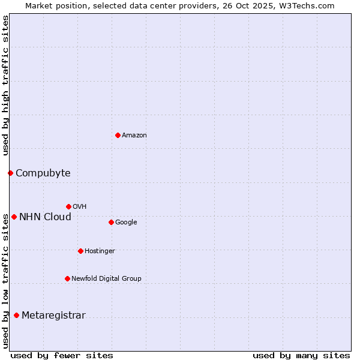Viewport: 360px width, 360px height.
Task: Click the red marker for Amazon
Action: click(118, 135)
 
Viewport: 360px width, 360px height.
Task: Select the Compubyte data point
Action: click(10, 173)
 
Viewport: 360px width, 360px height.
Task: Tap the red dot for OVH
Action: click(68, 206)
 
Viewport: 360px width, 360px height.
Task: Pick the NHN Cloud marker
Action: click(14, 217)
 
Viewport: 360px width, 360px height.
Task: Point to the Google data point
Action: click(111, 222)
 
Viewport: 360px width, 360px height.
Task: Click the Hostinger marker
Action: click(80, 251)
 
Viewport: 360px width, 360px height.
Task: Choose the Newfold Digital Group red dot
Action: click(67, 278)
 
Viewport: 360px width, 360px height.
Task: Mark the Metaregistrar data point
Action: click(16, 315)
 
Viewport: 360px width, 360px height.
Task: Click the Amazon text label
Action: click(134, 136)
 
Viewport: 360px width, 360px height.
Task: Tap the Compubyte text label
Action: click(43, 173)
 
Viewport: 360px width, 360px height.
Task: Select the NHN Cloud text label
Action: click(45, 217)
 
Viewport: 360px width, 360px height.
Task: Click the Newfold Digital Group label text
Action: click(106, 278)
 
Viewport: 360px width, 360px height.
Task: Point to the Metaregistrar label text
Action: click(53, 316)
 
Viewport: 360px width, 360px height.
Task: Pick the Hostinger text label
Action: click(100, 251)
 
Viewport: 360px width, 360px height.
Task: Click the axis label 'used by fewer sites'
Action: click(62, 355)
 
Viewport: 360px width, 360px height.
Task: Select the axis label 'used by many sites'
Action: click(301, 355)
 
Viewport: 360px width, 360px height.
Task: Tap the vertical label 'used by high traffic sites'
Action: click(5, 85)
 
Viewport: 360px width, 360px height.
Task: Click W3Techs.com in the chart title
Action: click(307, 5)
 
